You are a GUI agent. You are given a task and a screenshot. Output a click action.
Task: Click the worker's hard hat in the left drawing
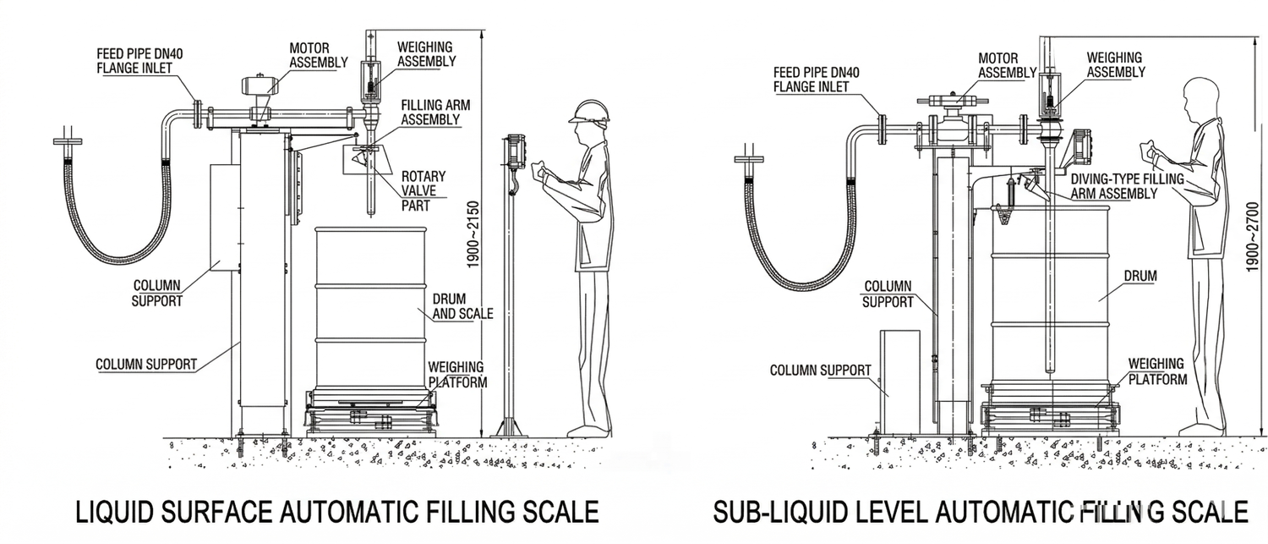(x=590, y=111)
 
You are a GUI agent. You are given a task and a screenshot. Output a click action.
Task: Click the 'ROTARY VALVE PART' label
(x=424, y=191)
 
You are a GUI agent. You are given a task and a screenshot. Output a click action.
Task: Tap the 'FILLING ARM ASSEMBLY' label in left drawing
(x=435, y=113)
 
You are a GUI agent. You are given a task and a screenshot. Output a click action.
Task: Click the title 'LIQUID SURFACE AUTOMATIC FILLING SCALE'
(x=337, y=512)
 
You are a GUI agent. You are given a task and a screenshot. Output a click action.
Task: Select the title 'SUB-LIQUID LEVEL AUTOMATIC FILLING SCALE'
(x=980, y=512)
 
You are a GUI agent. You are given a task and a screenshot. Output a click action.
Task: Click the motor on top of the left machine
(x=261, y=85)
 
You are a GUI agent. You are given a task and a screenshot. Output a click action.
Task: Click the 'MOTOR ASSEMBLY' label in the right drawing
(x=1007, y=65)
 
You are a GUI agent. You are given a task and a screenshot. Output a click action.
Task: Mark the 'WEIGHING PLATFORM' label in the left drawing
(x=457, y=374)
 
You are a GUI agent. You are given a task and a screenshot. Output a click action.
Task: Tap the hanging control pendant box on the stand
(x=515, y=152)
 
